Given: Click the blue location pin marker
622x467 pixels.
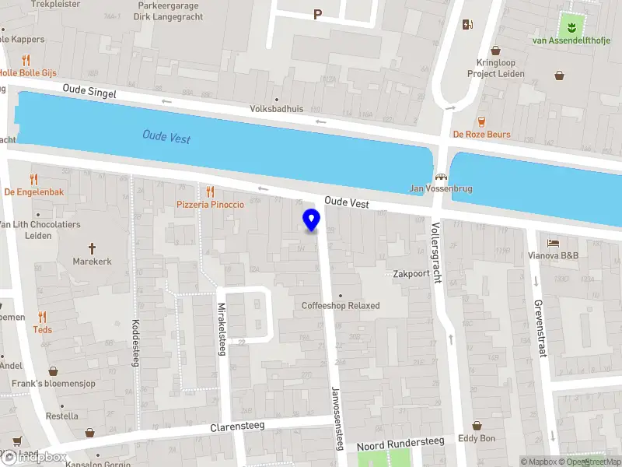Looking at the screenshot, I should coord(311,219).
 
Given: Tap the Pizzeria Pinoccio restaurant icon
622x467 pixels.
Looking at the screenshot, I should coord(210,191).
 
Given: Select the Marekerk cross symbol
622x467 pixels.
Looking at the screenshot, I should coord(92,248).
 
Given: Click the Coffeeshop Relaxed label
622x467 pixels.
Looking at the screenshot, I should coord(341,306).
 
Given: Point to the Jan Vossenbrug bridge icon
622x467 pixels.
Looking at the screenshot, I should coord(441,177).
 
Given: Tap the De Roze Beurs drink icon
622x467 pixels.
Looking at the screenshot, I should coord(481,121).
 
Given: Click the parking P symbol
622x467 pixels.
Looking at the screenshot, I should coord(317,14).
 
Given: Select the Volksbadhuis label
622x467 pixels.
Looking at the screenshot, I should coord(277,109).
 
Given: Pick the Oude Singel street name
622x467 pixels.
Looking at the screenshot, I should coord(89,93).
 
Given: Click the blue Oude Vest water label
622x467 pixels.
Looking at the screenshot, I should coord(166,137).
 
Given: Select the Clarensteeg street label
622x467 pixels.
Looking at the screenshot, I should coord(237,427).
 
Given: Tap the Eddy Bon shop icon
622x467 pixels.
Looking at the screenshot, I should coord(476,426).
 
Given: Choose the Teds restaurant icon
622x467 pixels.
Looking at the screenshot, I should coord(42,317).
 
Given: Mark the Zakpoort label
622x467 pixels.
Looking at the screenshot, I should coord(411,274).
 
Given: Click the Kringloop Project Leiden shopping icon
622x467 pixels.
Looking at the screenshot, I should coord(559,75).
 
